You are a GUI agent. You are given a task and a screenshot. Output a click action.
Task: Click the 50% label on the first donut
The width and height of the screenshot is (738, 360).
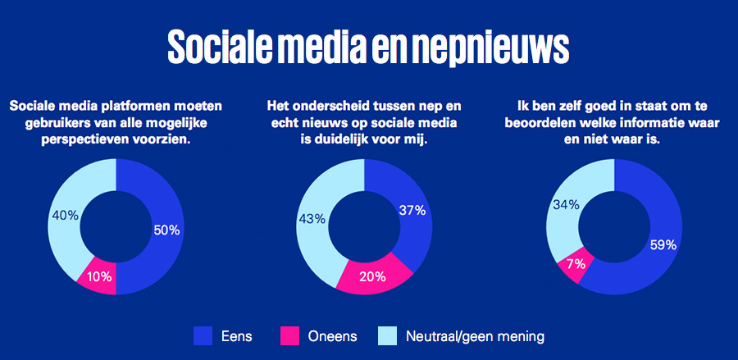coord(166,230)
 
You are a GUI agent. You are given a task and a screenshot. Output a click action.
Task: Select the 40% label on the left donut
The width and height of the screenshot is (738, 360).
coord(65,216)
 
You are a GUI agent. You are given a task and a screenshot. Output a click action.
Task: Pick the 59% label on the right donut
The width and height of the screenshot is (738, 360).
coord(663,244)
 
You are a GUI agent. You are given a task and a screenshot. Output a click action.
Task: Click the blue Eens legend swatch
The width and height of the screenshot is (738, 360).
coord(203,335)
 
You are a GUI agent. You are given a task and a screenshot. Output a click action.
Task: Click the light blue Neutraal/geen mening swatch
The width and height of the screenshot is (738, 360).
coord(388,335)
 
